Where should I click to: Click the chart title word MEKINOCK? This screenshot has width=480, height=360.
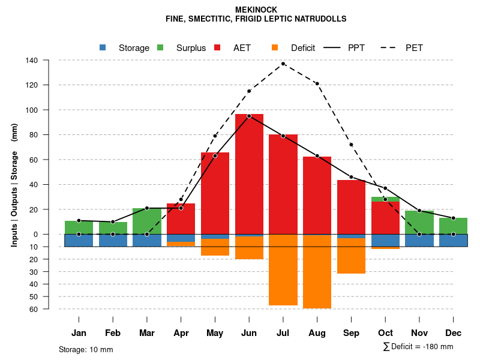point(256,10)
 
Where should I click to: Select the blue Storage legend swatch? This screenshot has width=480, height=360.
point(103,48)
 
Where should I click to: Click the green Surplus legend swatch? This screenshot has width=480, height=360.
point(160,48)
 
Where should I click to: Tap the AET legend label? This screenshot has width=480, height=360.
point(242,48)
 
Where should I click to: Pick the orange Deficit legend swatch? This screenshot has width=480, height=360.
point(275,48)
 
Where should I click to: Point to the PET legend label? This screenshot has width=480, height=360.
point(414,48)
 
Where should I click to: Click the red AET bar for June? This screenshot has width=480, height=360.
point(249,174)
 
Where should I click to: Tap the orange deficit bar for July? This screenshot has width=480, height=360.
point(283,270)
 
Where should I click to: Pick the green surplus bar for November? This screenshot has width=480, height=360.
point(419,222)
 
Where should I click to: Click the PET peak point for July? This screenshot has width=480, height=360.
point(283,64)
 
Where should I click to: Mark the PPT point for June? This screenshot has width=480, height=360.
point(249,116)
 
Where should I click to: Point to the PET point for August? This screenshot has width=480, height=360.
point(317,83)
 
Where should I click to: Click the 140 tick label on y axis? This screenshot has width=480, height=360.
point(32,60)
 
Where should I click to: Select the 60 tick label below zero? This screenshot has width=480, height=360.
point(34,309)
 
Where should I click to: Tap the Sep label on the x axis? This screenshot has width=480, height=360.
point(351,333)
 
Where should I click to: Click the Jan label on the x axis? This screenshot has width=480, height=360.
point(79,333)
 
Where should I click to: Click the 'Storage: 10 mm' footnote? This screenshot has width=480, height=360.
point(86,349)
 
